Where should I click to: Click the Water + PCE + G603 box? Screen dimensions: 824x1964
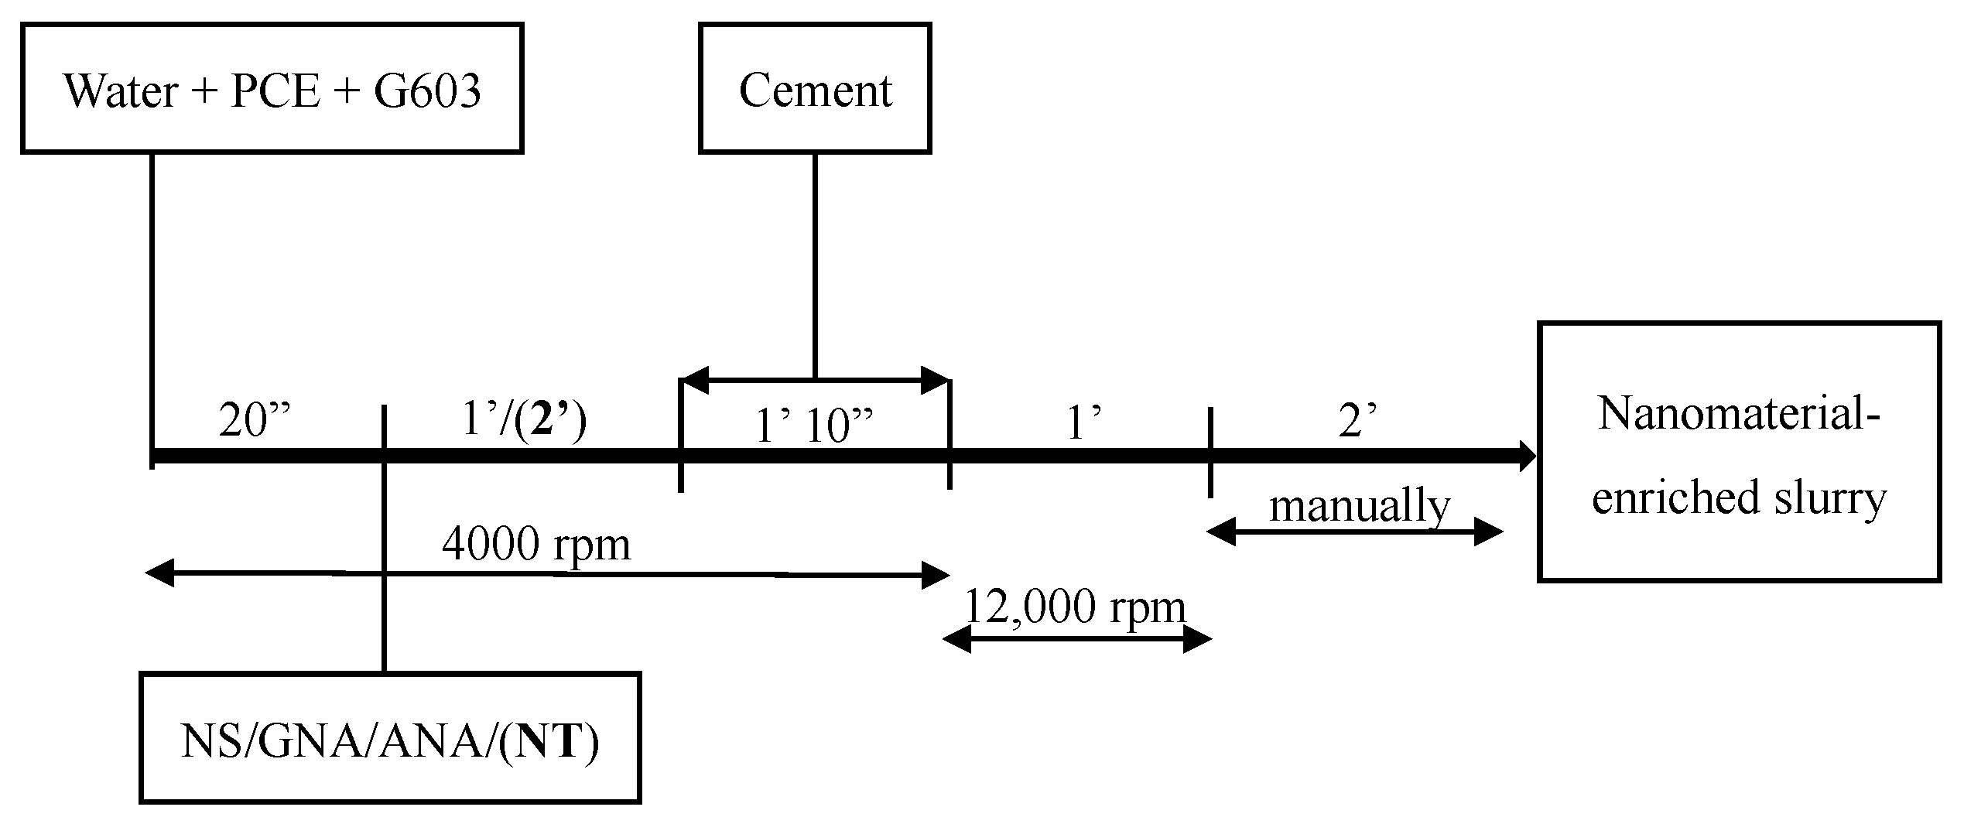click(272, 88)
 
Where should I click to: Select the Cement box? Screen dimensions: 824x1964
click(815, 88)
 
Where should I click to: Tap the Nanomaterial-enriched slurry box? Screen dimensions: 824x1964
click(1738, 451)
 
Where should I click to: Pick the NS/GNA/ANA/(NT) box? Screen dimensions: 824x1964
click(390, 737)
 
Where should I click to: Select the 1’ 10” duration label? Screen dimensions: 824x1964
click(814, 426)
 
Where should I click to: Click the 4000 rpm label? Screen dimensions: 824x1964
click(536, 544)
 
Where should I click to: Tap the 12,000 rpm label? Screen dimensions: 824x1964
click(1076, 607)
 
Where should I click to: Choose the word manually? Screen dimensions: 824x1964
click(1360, 507)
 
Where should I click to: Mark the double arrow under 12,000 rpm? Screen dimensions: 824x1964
click(1076, 639)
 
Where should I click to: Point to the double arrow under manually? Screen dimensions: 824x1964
click(1354, 532)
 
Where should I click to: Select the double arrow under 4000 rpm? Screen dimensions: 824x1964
click(546, 574)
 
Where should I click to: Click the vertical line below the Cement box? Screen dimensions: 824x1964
click(815, 263)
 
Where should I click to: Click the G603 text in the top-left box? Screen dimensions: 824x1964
click(427, 90)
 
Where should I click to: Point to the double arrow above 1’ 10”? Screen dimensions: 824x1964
click(815, 380)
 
